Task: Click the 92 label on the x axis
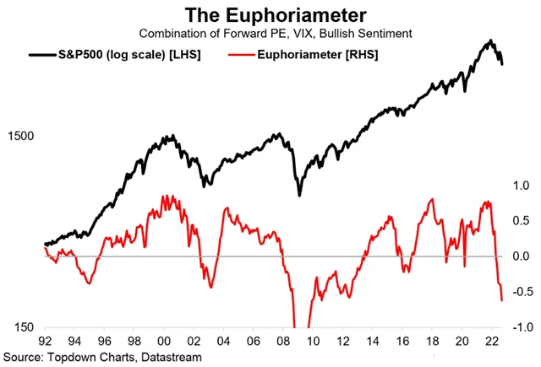46,343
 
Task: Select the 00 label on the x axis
169,343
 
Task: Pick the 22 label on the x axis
489,343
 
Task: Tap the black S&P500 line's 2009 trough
300,195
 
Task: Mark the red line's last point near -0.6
502,300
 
